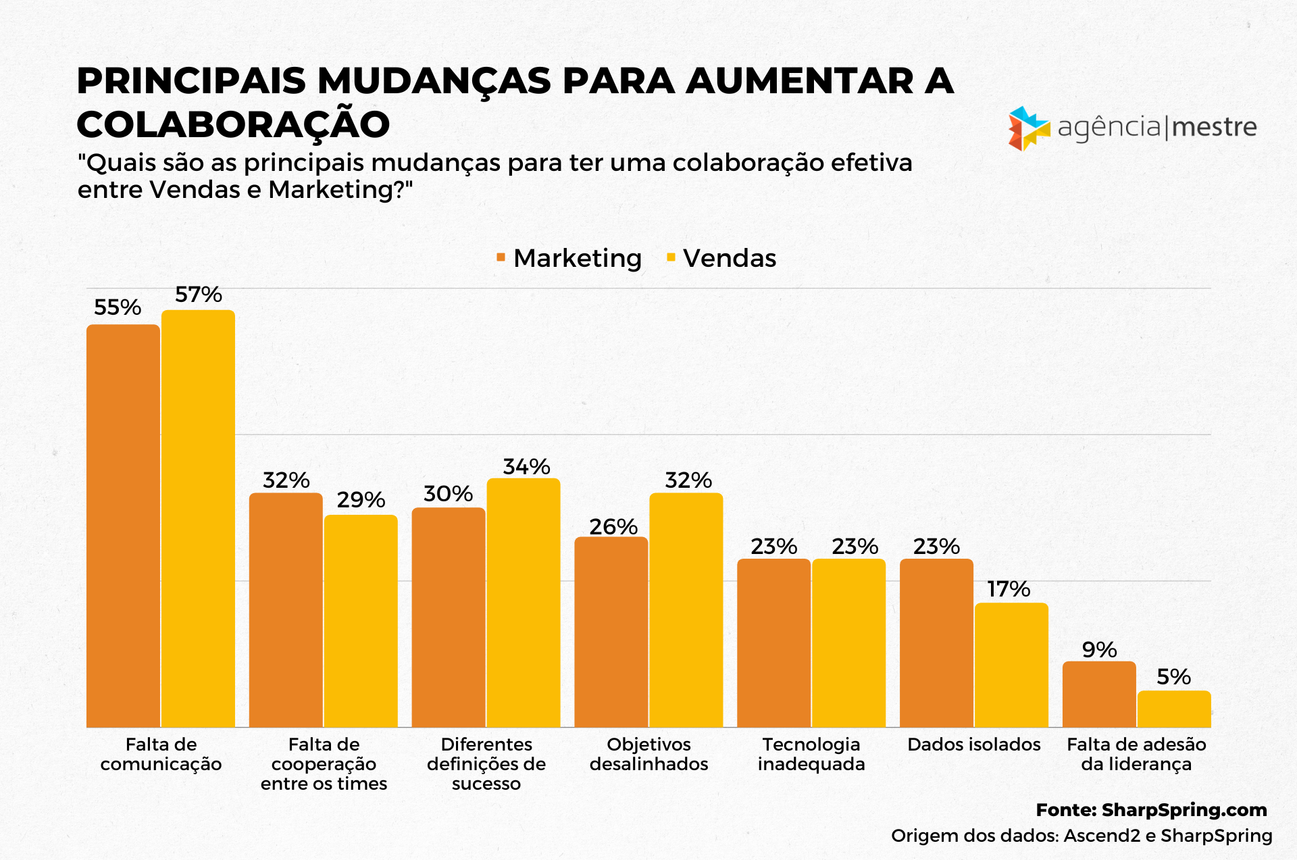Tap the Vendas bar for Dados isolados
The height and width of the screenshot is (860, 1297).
pyautogui.click(x=1011, y=665)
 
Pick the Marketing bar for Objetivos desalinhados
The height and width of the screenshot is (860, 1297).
pyautogui.click(x=611, y=632)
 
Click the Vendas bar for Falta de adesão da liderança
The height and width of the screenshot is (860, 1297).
pyautogui.click(x=1174, y=709)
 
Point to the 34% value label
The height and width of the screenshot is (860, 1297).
pyautogui.click(x=526, y=467)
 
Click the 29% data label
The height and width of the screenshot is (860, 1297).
pyautogui.click(x=361, y=500)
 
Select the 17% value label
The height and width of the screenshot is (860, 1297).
pyautogui.click(x=1009, y=589)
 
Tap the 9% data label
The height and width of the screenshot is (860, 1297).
pyautogui.click(x=1099, y=650)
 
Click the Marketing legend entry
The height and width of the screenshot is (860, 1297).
pyautogui.click(x=569, y=258)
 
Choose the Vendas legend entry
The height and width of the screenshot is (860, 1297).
pyautogui.click(x=721, y=258)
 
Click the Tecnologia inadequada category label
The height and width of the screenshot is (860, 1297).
pyautogui.click(x=811, y=754)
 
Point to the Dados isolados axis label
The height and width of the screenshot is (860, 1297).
pyautogui.click(x=973, y=744)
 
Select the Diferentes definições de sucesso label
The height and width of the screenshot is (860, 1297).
pyautogui.click(x=486, y=763)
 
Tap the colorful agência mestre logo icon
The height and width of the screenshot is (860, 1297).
pyautogui.click(x=1028, y=128)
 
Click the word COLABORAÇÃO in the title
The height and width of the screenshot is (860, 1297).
pyautogui.click(x=233, y=124)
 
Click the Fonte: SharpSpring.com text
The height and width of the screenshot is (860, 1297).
pyautogui.click(x=1151, y=809)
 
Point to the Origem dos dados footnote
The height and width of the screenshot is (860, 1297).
pyautogui.click(x=1082, y=836)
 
